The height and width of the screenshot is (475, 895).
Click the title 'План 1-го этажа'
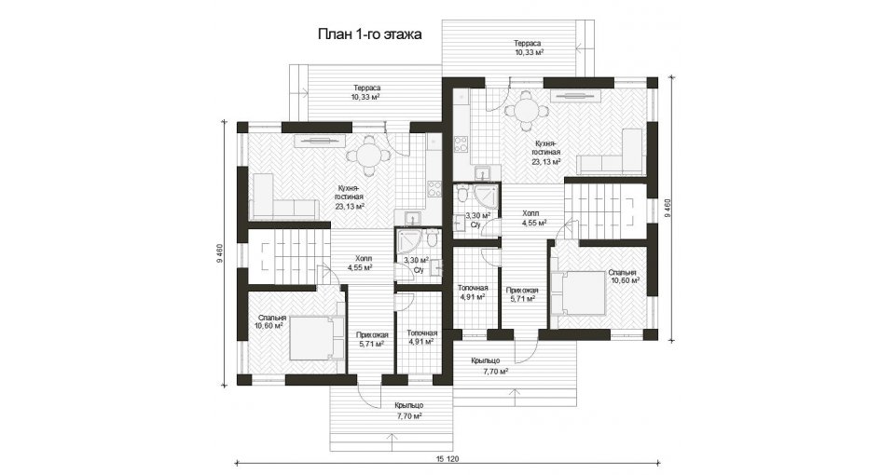click(x=369, y=34)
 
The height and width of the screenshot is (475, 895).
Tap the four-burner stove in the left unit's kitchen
click(x=434, y=187)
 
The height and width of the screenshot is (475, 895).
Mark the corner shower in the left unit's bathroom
click(x=409, y=242)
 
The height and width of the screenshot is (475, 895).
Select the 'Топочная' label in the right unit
click(x=473, y=288)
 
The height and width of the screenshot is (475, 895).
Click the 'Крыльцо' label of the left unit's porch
click(x=408, y=405)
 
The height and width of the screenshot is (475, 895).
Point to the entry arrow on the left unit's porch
click(x=392, y=441)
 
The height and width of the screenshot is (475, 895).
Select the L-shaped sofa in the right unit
click(x=610, y=151)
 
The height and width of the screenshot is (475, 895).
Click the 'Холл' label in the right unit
click(x=530, y=213)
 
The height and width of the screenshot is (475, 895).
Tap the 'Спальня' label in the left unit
click(x=271, y=318)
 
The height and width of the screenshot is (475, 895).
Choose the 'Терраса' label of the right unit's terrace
click(x=527, y=44)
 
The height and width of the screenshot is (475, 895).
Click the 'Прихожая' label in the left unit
click(x=372, y=335)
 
